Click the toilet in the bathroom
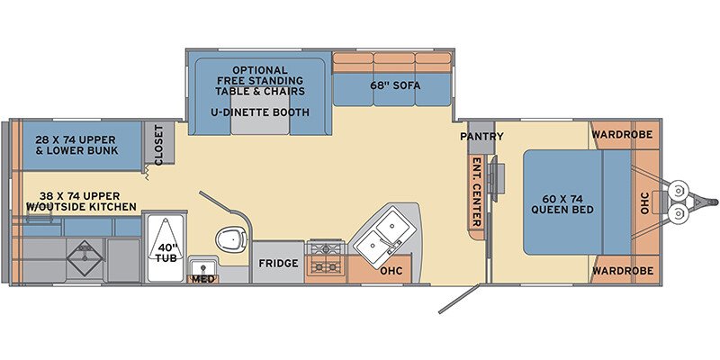pyautogui.click(x=231, y=238)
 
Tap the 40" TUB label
pyautogui.click(x=166, y=254)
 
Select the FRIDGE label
pyautogui.click(x=278, y=264)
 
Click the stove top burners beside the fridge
pyautogui.click(x=326, y=257)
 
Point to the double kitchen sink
pyautogui.click(x=384, y=235)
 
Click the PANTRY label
pyautogui.click(x=481, y=137)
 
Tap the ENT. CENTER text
pyautogui.click(x=477, y=192)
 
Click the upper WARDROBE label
pyautogui.click(x=622, y=134)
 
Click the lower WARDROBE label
pyautogui.click(x=622, y=271)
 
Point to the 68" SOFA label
pyautogui.click(x=395, y=85)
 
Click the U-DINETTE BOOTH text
pyautogui.click(x=260, y=112)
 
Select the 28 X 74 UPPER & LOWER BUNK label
pyautogui.click(x=76, y=145)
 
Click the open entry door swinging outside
pyautogui.click(x=459, y=299)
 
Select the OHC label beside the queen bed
pyautogui.click(x=644, y=202)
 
